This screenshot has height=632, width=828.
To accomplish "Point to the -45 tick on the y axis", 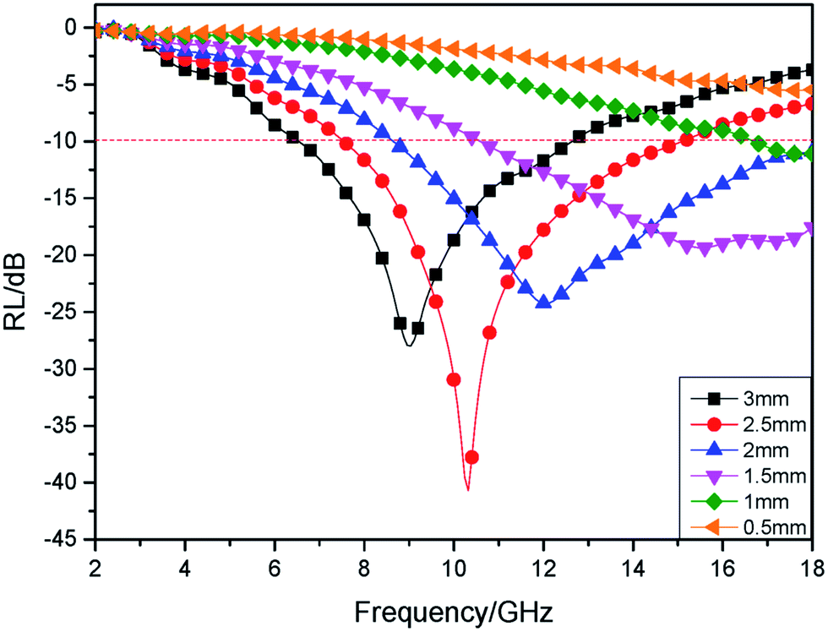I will (x=66, y=539).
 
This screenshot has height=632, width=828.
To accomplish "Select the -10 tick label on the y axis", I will (x=66, y=141).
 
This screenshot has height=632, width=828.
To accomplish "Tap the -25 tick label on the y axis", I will (x=66, y=312).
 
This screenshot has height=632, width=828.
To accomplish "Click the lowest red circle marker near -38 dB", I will (x=471, y=457).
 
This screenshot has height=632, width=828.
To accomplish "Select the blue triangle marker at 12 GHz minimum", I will (x=543, y=302).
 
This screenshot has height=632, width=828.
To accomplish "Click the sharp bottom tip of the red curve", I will (x=468, y=489).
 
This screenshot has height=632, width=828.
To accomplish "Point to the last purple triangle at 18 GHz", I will (x=812, y=228).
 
